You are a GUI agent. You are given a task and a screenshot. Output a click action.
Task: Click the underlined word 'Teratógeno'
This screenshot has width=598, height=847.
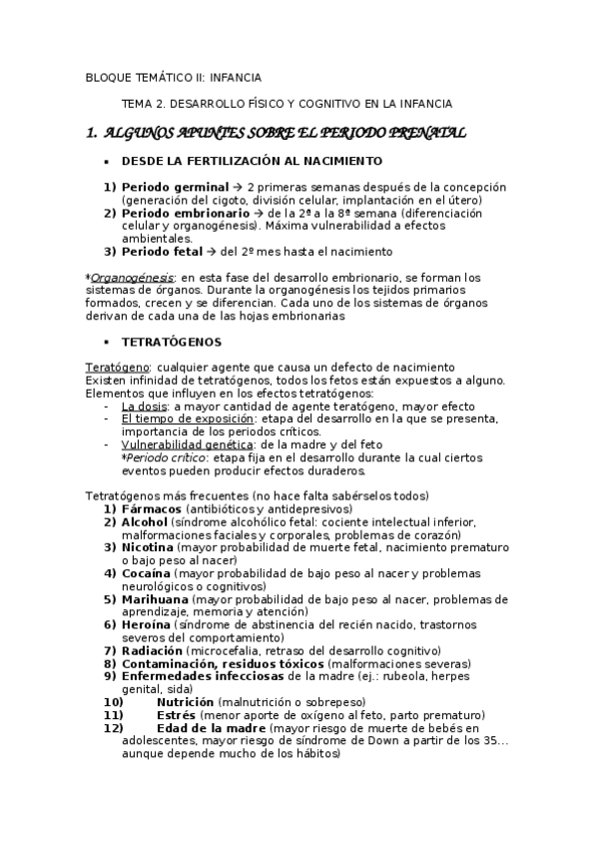[x=116, y=368]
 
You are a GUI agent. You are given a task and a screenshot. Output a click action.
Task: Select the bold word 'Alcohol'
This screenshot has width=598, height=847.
[x=144, y=522]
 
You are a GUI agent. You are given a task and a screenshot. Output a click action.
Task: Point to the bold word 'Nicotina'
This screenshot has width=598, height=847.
[x=147, y=547]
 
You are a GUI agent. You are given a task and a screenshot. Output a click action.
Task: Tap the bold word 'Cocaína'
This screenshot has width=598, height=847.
[x=146, y=573]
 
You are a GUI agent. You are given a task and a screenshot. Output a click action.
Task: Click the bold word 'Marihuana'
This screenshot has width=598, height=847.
[x=155, y=599]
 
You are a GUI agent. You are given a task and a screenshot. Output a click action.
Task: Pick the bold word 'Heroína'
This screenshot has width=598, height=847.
[x=146, y=625]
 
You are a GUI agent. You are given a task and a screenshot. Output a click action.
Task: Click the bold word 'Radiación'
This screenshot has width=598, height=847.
[x=153, y=651]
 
